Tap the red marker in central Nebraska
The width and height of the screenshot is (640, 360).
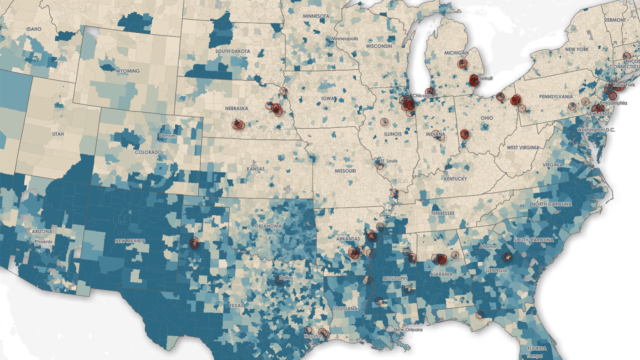[x=239, y=125]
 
